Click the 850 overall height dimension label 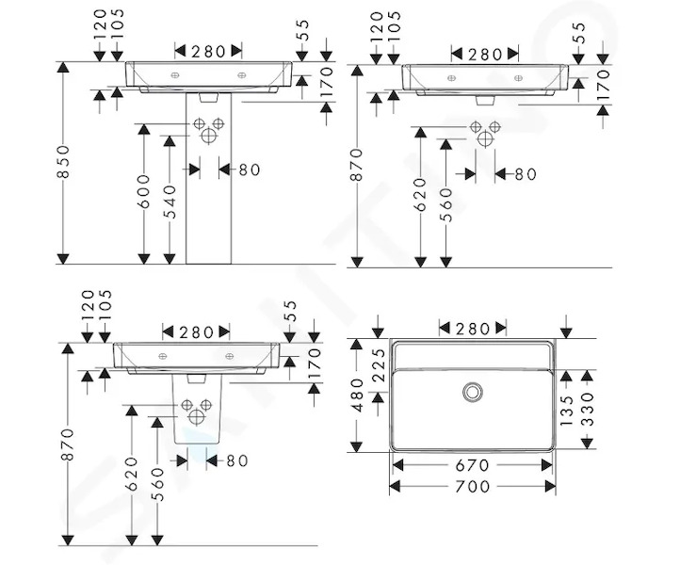63,161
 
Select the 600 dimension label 143,191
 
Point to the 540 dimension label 170,202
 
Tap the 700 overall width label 472,487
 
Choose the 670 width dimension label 472,466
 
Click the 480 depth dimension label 356,395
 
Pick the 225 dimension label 379,364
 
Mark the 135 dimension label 566,411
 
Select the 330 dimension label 587,410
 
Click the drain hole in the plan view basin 473,392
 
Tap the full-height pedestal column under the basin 208,179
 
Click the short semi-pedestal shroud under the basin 197,409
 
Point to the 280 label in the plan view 473,329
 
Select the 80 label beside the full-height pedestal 250,169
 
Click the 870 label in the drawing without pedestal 356,165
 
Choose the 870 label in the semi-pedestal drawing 68,444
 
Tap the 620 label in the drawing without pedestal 420,194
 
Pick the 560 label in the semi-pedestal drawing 158,484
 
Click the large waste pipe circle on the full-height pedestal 208,136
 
